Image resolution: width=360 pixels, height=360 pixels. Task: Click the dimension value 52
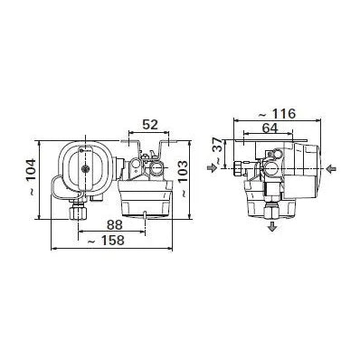pyautogui.click(x=150, y=125)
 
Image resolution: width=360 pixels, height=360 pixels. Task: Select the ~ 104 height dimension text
pyautogui.click(x=31, y=178)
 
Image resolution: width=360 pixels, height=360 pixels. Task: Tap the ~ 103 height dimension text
pyautogui.click(x=183, y=179)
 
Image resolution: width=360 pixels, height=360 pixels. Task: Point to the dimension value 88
pyautogui.click(x=115, y=225)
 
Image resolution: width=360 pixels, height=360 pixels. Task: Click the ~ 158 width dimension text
pyautogui.click(x=105, y=241)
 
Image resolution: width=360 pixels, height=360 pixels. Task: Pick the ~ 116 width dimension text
pyautogui.click(x=277, y=114)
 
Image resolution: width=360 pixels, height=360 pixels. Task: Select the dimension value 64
pyautogui.click(x=270, y=128)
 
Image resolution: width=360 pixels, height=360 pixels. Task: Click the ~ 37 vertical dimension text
pyautogui.click(x=218, y=154)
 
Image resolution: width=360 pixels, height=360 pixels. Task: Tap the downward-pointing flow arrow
pyautogui.click(x=272, y=225)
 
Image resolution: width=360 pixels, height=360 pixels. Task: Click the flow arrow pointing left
pyautogui.click(x=331, y=169)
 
